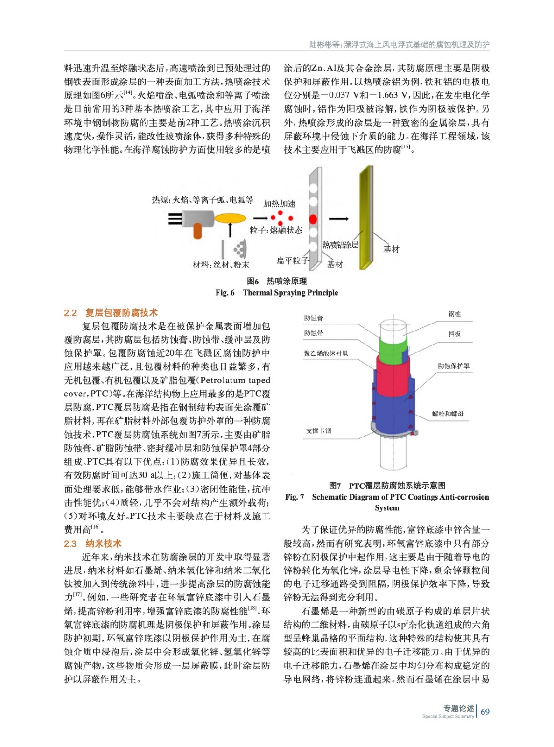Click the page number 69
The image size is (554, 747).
pos(485,712)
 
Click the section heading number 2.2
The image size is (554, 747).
pos(70,313)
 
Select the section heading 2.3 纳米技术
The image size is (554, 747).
pos(92,543)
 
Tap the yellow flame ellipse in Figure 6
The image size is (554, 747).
pos(230,218)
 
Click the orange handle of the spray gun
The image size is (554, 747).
pos(197,231)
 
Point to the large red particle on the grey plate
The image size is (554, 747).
pos(313,219)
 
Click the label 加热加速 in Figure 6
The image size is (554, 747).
pos(279,204)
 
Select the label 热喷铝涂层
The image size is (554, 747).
pos(340,245)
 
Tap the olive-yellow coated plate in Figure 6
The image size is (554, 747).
pos(365,217)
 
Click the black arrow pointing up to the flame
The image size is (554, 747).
pos(230,230)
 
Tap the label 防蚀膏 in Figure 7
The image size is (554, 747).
pos(313,318)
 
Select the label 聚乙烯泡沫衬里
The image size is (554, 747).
pos(326,353)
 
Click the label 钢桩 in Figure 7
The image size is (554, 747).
pos(454,314)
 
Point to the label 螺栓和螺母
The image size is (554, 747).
pos(448,414)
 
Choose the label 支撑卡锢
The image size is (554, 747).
pos(319,430)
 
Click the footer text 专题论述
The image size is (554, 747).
pos(458,708)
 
